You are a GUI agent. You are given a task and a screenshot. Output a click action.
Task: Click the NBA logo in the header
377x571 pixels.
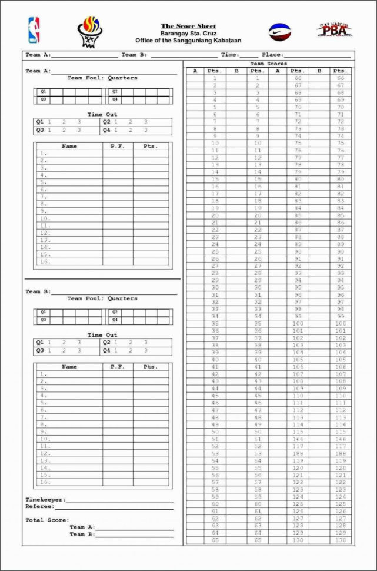coord(34,29)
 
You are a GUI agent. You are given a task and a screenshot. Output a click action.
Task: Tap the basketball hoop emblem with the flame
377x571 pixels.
coord(90,31)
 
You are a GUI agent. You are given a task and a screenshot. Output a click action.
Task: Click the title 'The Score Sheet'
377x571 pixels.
coord(188,26)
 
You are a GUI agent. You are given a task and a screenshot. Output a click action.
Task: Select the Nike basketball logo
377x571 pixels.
coord(279,32)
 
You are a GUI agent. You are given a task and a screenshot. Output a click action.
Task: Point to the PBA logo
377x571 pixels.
coord(334,30)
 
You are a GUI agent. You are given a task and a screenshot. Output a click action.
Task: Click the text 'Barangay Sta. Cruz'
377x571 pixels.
coord(188,34)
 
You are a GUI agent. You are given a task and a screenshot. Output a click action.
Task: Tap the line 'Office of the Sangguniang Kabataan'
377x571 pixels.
coord(188,41)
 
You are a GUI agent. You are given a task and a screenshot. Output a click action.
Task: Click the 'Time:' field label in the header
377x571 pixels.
coord(230,55)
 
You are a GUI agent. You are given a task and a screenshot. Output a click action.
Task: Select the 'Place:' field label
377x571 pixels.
coord(272,55)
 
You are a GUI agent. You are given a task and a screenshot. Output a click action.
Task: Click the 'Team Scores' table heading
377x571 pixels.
coord(268,64)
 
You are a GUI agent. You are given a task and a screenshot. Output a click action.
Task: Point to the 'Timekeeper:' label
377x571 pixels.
coord(45,500)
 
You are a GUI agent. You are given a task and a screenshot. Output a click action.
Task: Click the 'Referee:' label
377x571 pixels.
coord(39,506)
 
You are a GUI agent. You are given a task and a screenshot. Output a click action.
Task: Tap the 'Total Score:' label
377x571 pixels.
coord(47,520)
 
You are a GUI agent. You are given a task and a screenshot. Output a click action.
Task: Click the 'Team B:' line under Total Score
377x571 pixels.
coord(82,535)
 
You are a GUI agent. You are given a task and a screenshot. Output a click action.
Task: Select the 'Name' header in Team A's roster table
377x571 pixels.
coord(69,146)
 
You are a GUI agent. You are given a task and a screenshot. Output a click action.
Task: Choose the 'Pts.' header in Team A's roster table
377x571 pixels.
coord(151,146)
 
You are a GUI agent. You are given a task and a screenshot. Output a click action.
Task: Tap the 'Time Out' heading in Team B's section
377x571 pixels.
coord(102,335)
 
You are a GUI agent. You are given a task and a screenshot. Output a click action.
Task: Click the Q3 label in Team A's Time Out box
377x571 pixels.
coord(40,130)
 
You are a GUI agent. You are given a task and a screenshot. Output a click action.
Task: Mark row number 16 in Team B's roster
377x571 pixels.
coord(45,482)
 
